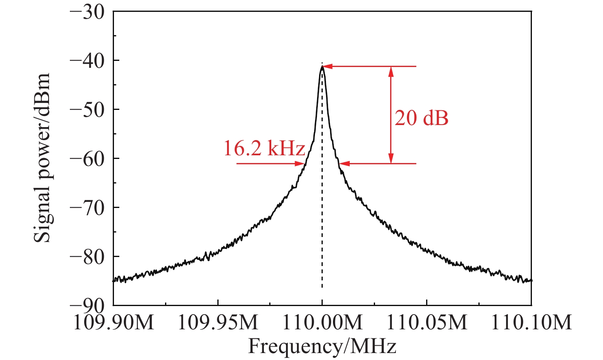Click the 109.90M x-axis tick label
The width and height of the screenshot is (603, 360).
click(114, 323)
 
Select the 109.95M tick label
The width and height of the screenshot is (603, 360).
click(218, 323)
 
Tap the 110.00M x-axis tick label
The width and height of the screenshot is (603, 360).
click(322, 323)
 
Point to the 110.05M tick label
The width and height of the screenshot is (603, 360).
click(427, 323)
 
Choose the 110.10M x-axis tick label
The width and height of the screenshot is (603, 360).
click(531, 323)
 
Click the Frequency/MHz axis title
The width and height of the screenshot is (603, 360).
click(322, 347)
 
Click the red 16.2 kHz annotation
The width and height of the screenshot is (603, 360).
click(264, 148)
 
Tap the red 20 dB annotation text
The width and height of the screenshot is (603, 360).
click(421, 119)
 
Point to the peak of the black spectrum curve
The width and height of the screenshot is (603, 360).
click(322, 67)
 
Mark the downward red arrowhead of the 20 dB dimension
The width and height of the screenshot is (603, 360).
click(391, 159)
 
